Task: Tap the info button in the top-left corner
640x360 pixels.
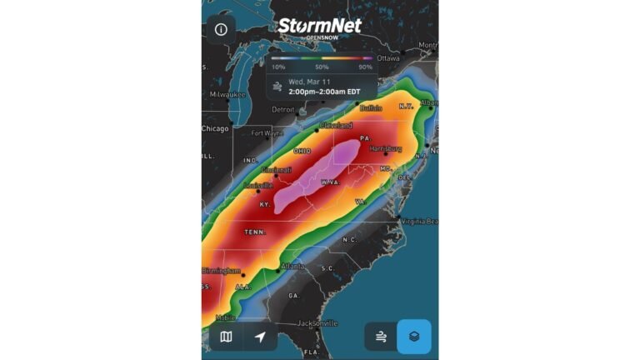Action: (221, 29)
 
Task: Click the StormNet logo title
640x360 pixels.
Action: (321, 27)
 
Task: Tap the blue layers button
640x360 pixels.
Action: (413, 337)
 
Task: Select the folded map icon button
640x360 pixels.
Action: (226, 337)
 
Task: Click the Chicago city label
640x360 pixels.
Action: (215, 128)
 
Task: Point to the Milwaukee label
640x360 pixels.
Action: (227, 94)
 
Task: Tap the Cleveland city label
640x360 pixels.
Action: (336, 125)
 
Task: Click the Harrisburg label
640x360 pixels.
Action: (386, 148)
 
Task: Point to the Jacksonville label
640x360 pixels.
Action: (317, 322)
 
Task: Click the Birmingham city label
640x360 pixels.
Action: (221, 271)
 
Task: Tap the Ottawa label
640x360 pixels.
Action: (388, 58)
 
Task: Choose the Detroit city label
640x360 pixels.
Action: (283, 109)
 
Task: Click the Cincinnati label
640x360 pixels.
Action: (276, 170)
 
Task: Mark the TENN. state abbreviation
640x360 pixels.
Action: (255, 232)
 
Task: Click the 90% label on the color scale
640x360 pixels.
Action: (365, 67)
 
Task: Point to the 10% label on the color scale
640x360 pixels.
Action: (278, 67)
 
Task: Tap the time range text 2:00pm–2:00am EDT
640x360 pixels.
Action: (326, 91)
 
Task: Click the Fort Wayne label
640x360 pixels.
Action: (267, 132)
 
